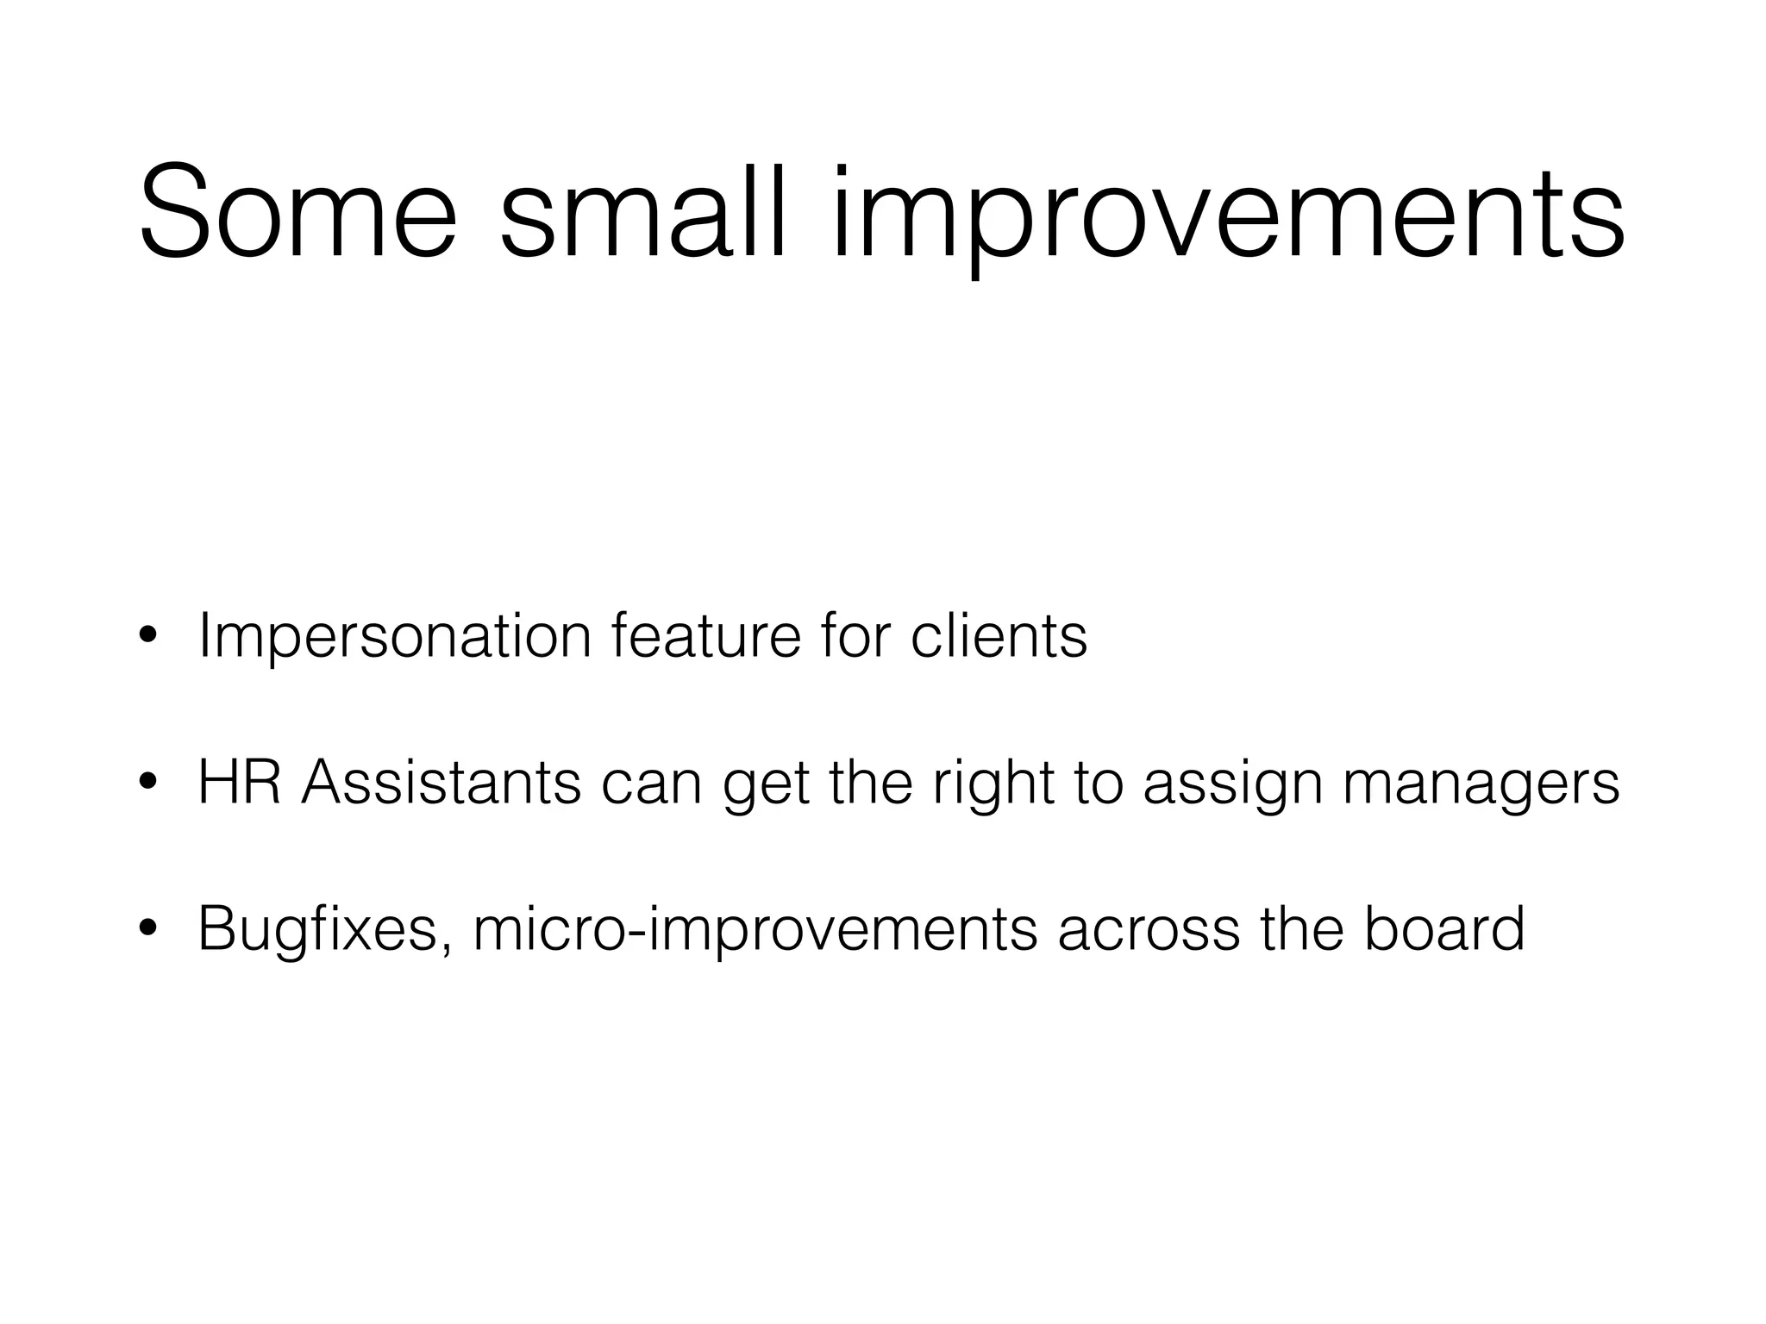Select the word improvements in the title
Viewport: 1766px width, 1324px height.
(1228, 215)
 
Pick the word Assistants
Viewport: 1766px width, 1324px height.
(441, 783)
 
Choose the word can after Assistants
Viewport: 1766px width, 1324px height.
(651, 784)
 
